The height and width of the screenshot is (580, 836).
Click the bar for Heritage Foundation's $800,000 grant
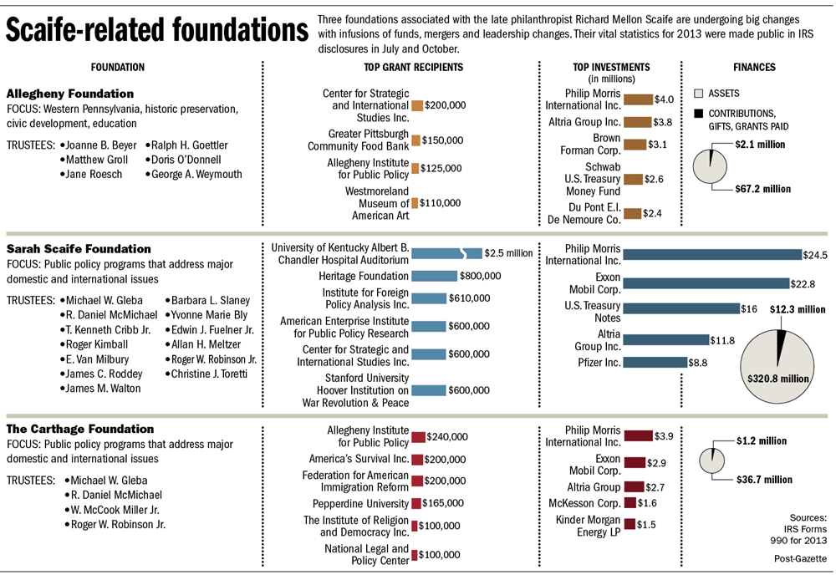[x=434, y=276]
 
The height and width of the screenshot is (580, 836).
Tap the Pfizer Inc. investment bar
[x=655, y=363]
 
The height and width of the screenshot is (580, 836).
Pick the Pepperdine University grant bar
[x=415, y=504]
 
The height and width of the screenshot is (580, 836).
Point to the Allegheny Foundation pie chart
[x=711, y=164]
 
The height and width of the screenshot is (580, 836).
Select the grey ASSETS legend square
[x=700, y=94]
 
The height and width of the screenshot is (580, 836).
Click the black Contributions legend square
[x=700, y=114]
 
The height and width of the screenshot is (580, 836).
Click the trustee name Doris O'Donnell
[x=186, y=160]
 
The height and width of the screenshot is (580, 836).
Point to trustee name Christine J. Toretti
[x=211, y=374]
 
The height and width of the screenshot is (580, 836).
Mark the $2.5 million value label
[x=509, y=253]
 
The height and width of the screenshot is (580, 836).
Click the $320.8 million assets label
[x=778, y=379]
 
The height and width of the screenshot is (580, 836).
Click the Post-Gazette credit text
[x=800, y=557]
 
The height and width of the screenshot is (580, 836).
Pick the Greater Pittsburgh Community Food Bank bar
[x=416, y=140]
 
